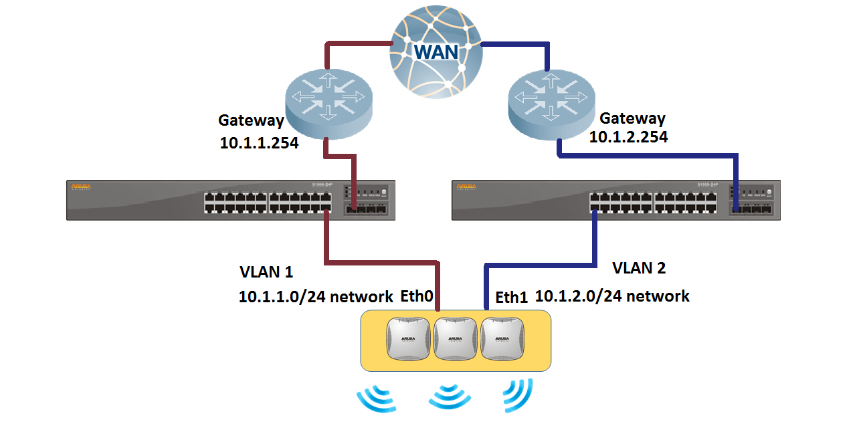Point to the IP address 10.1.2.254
pyautogui.click(x=628, y=136)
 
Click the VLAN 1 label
pyautogui.click(x=266, y=272)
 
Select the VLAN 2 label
pyautogui.click(x=639, y=268)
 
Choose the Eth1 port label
pyautogui.click(x=512, y=298)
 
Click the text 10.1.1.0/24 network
pyautogui.click(x=316, y=297)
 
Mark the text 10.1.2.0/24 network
pyautogui.click(x=612, y=296)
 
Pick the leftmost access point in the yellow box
pyautogui.click(x=409, y=339)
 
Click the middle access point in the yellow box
pyautogui.click(x=455, y=339)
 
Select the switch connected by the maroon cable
pyautogui.click(x=231, y=200)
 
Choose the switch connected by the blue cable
pyautogui.click(x=616, y=200)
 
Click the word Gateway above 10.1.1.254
pyautogui.click(x=252, y=121)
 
